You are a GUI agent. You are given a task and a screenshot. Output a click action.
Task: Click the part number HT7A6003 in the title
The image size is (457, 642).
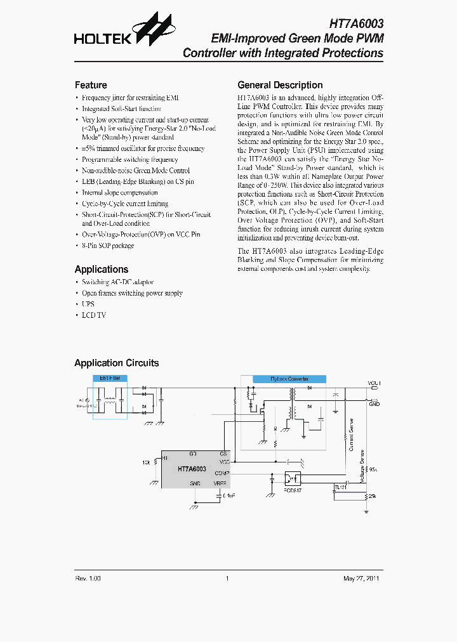(x=356, y=23)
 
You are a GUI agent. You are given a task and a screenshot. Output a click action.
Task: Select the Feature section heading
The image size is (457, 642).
(x=91, y=85)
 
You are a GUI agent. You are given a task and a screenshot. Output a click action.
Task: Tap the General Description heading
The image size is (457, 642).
(x=280, y=85)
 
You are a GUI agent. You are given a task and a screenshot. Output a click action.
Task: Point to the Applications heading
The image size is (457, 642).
(x=102, y=269)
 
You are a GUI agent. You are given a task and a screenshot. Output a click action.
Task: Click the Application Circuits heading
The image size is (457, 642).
(x=117, y=363)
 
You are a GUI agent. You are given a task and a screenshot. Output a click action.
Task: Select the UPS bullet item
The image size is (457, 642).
(x=88, y=304)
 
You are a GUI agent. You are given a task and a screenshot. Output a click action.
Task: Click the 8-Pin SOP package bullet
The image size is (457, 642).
(x=108, y=246)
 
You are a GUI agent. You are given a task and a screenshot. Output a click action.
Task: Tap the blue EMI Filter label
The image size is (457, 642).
(x=110, y=378)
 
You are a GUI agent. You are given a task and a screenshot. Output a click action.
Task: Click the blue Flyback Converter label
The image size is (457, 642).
(x=289, y=379)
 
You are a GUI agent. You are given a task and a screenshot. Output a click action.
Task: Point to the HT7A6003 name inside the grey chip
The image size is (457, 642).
(x=192, y=469)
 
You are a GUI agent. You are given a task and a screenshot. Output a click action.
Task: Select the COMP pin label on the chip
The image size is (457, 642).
(x=221, y=473)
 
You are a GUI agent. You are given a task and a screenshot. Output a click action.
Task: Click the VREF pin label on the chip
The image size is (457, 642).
(x=220, y=483)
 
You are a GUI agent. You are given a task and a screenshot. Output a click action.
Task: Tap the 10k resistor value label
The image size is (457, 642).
(x=147, y=462)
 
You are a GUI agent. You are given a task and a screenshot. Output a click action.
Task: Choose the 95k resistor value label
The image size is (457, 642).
(x=373, y=469)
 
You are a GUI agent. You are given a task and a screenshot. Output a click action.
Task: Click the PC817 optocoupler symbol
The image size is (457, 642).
(x=293, y=477)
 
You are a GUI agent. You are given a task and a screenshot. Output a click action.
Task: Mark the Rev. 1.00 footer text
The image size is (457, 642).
(x=88, y=579)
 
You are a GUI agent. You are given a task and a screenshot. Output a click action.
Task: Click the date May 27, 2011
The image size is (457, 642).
(x=362, y=579)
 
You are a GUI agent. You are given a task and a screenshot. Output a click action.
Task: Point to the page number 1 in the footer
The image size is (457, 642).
(x=227, y=579)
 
